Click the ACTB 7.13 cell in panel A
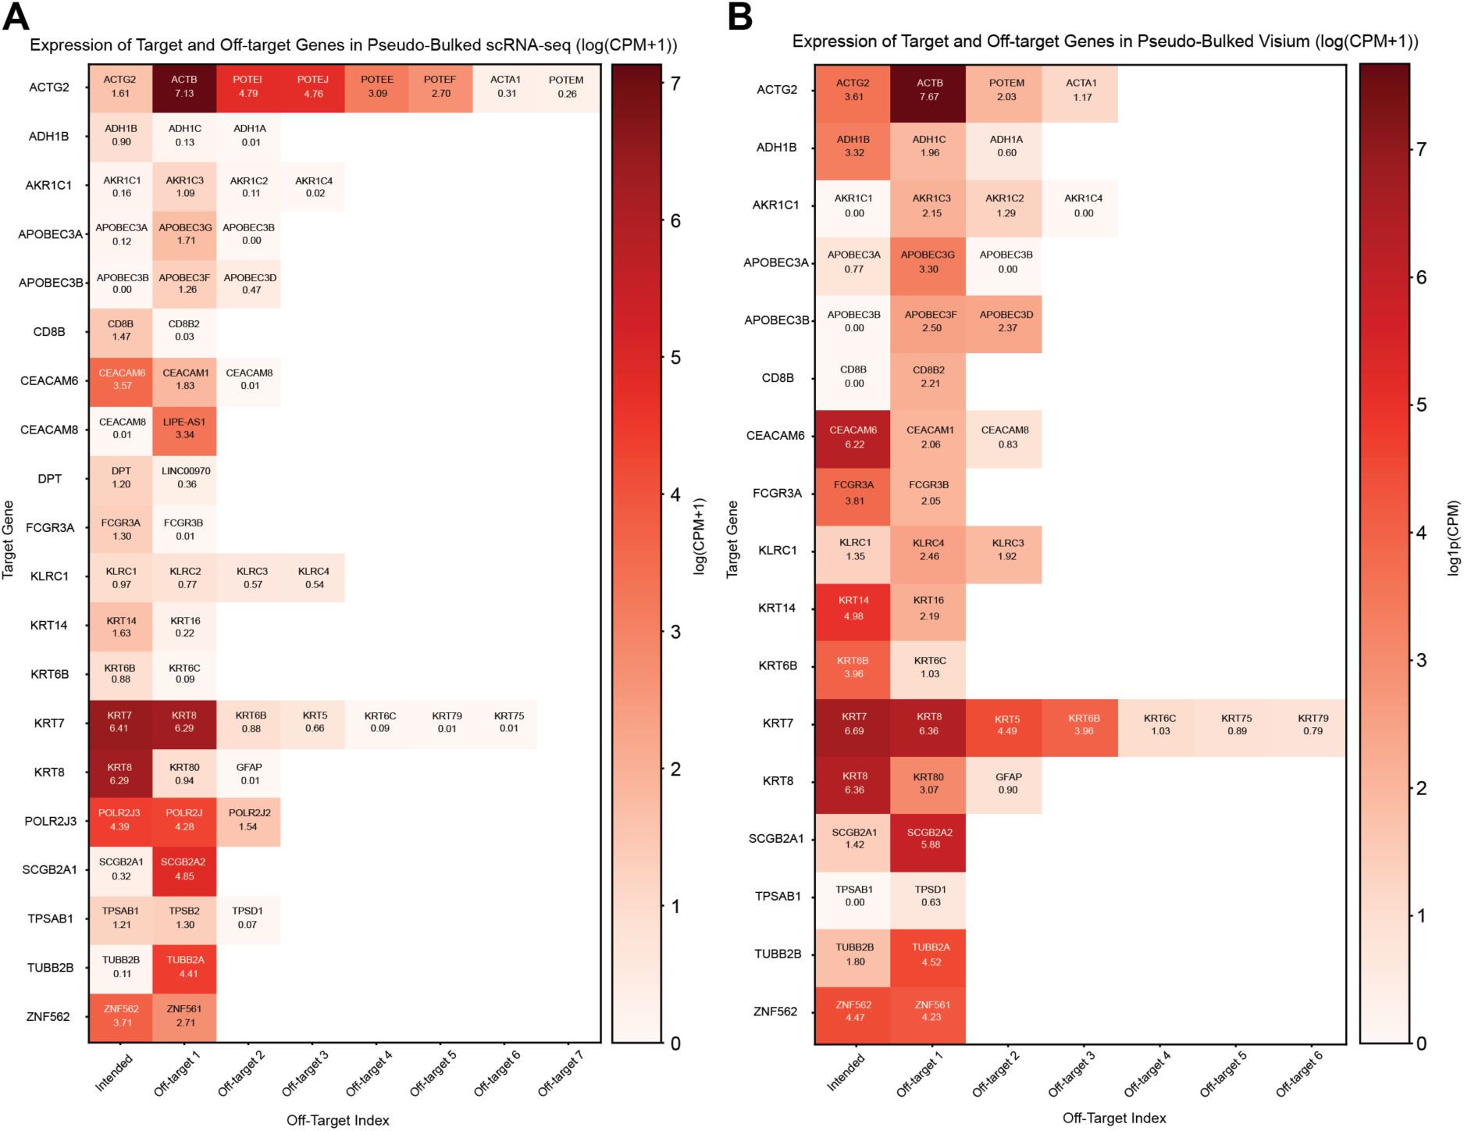click(184, 87)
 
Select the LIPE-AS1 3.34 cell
click(184, 429)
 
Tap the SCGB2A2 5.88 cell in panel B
click(929, 839)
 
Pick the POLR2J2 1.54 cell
click(248, 820)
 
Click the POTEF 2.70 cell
click(440, 87)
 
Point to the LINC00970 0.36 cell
click(185, 478)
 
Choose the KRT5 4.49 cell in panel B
click(1006, 726)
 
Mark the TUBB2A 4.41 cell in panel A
click(184, 967)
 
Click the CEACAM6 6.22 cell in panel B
click(853, 437)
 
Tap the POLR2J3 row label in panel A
click(50, 821)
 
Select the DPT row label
click(49, 479)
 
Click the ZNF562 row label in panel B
click(775, 1011)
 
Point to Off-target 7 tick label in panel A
click(561, 1072)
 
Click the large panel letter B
click(739, 16)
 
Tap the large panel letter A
click(16, 16)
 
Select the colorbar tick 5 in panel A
click(675, 358)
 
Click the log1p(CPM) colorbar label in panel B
click(1452, 539)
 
